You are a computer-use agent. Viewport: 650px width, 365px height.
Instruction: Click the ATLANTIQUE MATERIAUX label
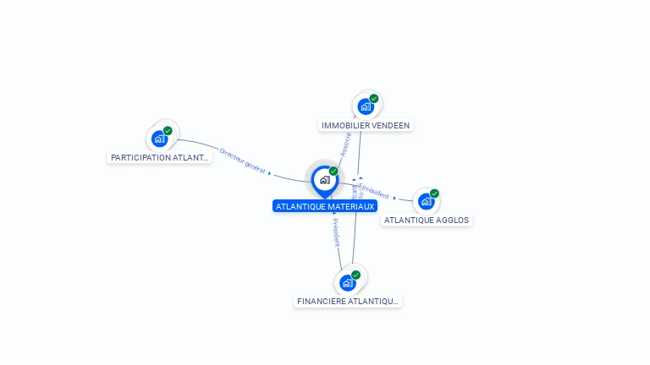coord(325,206)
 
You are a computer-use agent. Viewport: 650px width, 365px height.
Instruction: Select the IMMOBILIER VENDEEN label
coord(366,125)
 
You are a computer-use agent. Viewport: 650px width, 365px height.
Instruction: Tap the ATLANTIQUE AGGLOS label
coord(427,220)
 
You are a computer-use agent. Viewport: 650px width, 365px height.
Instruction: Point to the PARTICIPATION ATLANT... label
coord(160,157)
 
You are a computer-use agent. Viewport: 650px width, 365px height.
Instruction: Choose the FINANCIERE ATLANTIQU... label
coord(348,301)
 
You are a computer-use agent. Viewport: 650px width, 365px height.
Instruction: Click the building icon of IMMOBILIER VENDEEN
coord(365,106)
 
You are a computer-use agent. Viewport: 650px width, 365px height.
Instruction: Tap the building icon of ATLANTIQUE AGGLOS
coord(426,201)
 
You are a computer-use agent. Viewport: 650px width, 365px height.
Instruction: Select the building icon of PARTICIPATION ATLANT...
coord(159,139)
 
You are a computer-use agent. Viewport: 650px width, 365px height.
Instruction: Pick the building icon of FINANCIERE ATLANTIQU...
coord(347,283)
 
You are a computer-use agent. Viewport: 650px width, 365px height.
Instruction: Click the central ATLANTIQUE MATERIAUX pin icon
coord(324,180)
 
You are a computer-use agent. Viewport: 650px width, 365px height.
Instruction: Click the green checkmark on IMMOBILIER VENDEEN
coord(374,99)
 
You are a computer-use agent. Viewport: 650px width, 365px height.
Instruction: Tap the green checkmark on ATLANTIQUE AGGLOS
coord(434,193)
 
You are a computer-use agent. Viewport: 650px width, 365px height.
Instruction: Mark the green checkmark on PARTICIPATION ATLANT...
coord(168,131)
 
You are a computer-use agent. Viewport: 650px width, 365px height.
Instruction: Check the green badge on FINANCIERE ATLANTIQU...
coord(355,275)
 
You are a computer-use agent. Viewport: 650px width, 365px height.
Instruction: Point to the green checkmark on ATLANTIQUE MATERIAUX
coord(333,172)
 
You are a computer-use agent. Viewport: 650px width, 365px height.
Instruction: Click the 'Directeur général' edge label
coord(242,161)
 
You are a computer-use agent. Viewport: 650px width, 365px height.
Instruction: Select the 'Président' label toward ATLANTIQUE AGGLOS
coord(375,192)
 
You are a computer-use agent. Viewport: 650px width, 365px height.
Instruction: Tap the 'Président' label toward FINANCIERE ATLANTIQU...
coord(335,232)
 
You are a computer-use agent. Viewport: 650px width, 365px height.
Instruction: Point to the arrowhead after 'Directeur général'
coord(270,173)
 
